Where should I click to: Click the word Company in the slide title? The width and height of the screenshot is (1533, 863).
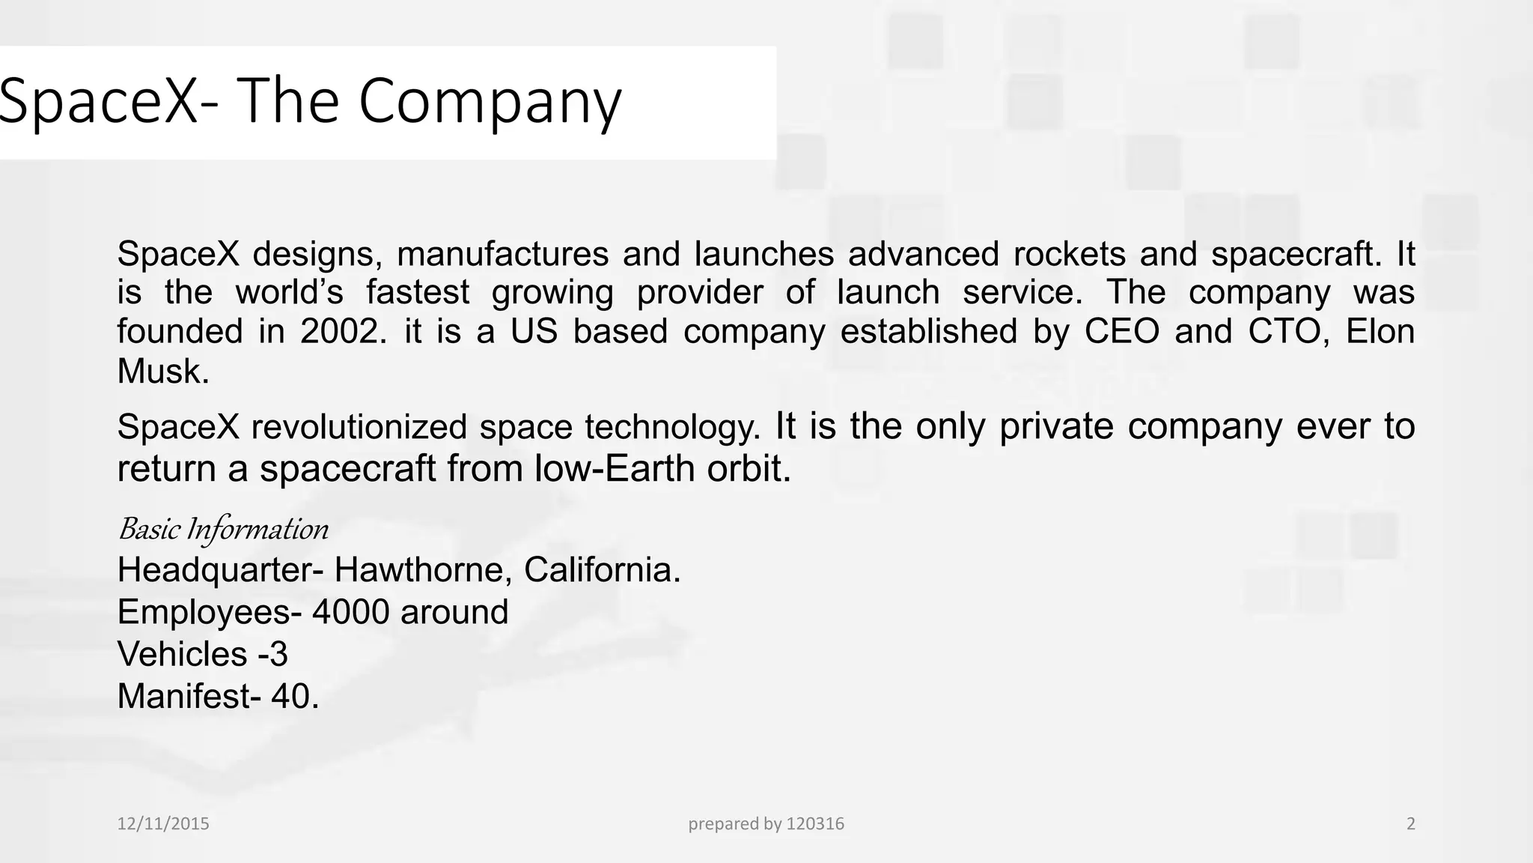pyautogui.click(x=490, y=103)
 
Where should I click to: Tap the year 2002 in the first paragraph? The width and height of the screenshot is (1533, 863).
pyautogui.click(x=343, y=331)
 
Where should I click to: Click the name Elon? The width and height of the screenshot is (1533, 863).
pyautogui.click(x=1380, y=331)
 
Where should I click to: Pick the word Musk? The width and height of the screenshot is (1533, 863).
pyautogui.click(x=162, y=371)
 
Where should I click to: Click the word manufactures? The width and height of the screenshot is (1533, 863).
pyautogui.click(x=502, y=254)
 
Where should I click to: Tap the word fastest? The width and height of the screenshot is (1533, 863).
pyautogui.click(x=418, y=292)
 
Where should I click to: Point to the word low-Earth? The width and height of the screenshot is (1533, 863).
pyautogui.click(x=615, y=469)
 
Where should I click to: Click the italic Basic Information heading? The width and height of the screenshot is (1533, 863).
pyautogui.click(x=223, y=529)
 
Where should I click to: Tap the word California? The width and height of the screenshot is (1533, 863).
pyautogui.click(x=602, y=570)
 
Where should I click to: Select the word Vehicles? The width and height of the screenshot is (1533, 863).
pyautogui.click(x=182, y=654)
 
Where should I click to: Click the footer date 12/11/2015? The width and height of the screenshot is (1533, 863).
pyautogui.click(x=163, y=824)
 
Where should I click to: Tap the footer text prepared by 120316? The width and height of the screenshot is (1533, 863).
pyautogui.click(x=766, y=824)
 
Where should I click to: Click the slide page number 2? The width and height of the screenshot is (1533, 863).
pyautogui.click(x=1411, y=824)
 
